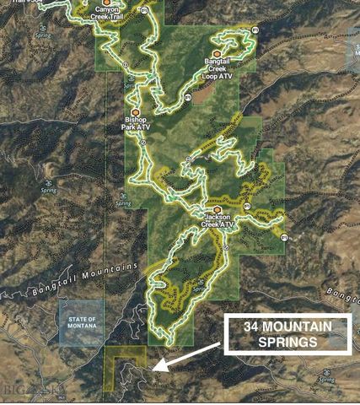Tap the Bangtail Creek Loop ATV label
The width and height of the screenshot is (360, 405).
tap(218, 68)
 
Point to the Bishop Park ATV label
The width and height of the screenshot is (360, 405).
tap(135, 125)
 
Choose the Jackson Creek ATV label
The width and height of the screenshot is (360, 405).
tap(218, 221)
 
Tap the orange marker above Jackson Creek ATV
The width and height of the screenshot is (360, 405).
tap(218, 209)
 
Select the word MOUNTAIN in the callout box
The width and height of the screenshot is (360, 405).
tap(299, 327)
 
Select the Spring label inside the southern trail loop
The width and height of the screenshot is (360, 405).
tap(199, 289)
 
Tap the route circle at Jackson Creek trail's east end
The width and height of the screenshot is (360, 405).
tap(284, 238)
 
